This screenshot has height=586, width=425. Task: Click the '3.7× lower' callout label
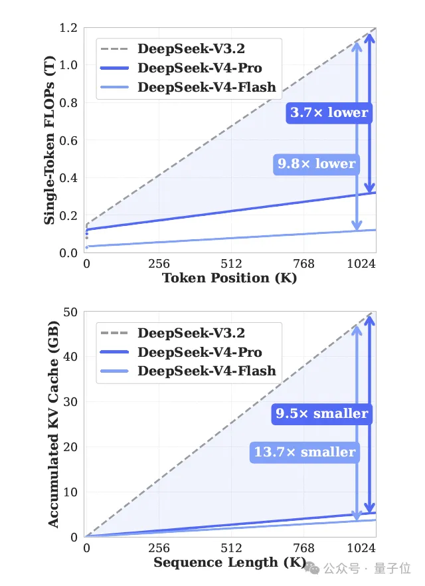pos(329,112)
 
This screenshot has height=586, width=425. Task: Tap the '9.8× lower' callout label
pos(316,163)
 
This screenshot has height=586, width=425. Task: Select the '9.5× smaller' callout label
pos(322,414)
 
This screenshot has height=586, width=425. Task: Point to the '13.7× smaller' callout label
pos(305,452)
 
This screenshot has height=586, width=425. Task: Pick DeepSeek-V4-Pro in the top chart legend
pos(200,68)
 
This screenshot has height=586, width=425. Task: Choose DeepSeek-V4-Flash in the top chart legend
pos(207,87)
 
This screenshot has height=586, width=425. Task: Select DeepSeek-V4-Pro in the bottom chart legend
pos(200,352)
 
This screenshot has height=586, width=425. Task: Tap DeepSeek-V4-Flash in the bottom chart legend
pos(207,371)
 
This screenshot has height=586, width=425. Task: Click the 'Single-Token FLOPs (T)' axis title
pos(50,140)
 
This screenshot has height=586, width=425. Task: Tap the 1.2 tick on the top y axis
pos(68,28)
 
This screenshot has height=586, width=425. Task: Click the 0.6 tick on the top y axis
pos(68,141)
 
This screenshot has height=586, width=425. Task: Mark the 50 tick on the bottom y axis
pos(70,312)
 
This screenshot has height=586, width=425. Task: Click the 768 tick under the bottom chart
pos(303,548)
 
